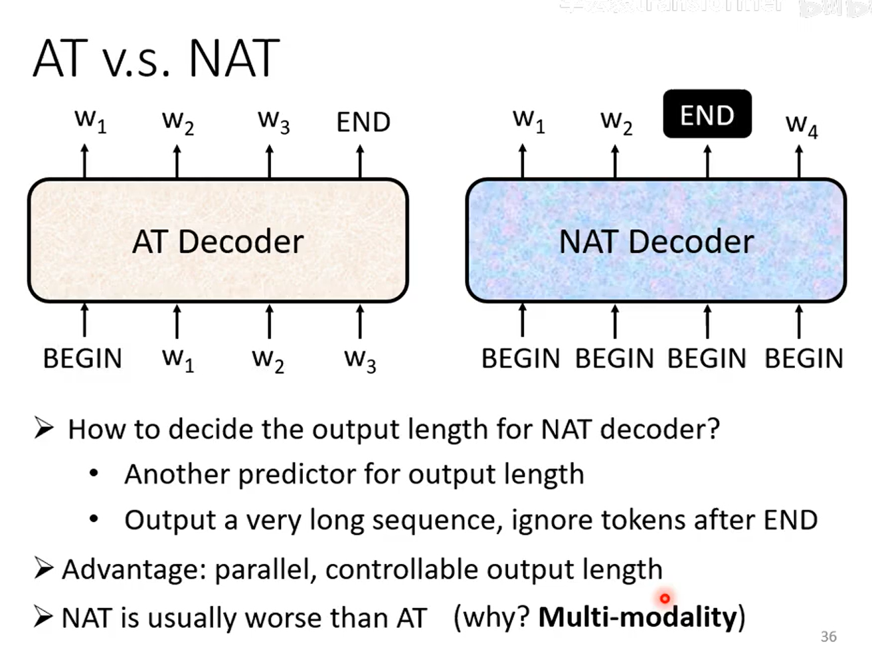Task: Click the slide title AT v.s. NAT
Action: click(x=155, y=59)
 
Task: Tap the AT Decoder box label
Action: click(x=218, y=241)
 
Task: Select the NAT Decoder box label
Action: click(x=656, y=241)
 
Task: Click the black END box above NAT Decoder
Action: click(x=707, y=114)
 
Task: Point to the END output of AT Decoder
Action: click(x=363, y=122)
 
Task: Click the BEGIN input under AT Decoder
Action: click(x=82, y=359)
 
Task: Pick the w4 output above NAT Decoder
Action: click(x=801, y=124)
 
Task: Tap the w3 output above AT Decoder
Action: click(x=274, y=121)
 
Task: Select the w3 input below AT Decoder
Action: click(x=360, y=360)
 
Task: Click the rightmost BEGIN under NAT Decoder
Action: click(x=804, y=359)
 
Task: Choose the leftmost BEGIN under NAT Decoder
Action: click(x=521, y=359)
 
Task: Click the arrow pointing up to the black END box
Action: click(x=707, y=161)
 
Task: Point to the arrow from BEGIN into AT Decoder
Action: click(x=84, y=320)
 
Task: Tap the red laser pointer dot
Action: click(x=665, y=599)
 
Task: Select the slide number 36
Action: click(x=828, y=636)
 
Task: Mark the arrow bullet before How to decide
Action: click(x=44, y=428)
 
